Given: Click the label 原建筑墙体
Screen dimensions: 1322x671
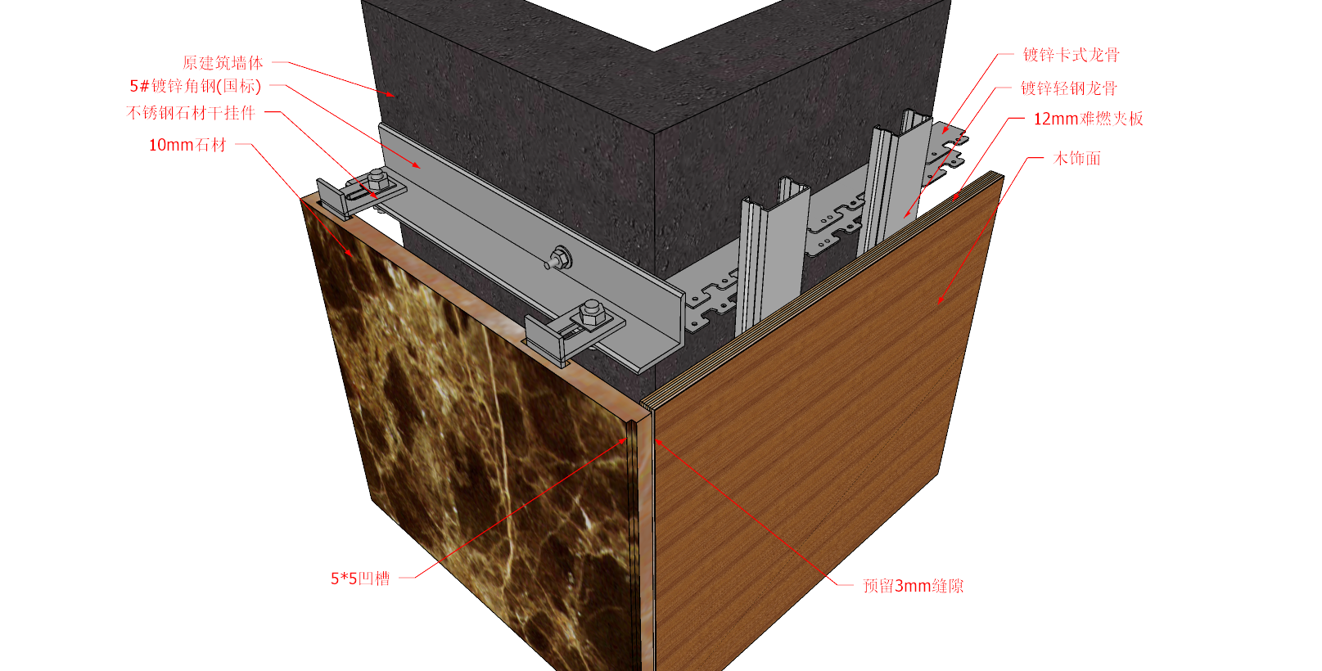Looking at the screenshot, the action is pyautogui.click(x=223, y=62).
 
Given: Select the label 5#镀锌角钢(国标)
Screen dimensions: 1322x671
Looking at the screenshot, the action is pyautogui.click(x=196, y=86).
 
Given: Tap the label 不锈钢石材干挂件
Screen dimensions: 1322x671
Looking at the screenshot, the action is pyautogui.click(x=191, y=113).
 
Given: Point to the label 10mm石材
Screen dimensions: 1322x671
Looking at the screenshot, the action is pyautogui.click(x=187, y=145).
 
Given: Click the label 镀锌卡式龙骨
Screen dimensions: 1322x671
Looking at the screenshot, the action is pyautogui.click(x=1072, y=55).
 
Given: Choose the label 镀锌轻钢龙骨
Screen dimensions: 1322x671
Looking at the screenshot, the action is pyautogui.click(x=1069, y=88).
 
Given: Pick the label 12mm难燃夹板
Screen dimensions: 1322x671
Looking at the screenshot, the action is pyautogui.click(x=1088, y=119).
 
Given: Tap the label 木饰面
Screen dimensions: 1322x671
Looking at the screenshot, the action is pyautogui.click(x=1077, y=158).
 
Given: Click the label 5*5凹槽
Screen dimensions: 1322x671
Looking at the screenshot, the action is pyautogui.click(x=360, y=579).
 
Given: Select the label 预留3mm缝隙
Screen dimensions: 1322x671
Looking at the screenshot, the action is pyautogui.click(x=913, y=586).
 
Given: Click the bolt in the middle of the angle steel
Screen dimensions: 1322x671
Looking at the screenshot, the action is pyautogui.click(x=557, y=259).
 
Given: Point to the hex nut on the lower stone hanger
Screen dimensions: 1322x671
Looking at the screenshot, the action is pyautogui.click(x=591, y=312).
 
